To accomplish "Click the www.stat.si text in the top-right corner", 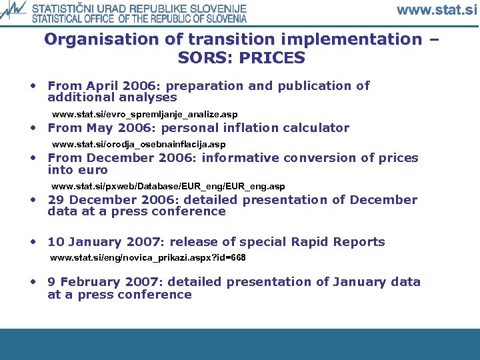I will click(437, 10).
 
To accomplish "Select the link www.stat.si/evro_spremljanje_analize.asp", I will click(144, 114).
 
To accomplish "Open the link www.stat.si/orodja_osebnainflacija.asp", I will click(139, 144).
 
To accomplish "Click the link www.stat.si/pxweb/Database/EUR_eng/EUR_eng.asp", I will click(168, 187).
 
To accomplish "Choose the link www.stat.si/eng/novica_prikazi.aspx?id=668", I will click(148, 257).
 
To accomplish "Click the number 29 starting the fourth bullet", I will click(56, 200).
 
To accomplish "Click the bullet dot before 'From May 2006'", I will click(32, 127).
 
